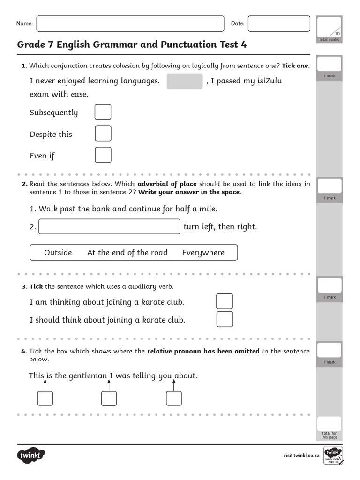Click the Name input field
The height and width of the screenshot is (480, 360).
click(130, 23)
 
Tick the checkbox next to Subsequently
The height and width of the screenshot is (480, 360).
click(103, 112)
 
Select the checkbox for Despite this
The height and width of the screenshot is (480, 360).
click(103, 134)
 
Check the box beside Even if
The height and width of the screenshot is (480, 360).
click(103, 155)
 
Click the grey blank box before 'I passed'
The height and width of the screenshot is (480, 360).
click(185, 81)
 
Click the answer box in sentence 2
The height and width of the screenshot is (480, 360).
click(110, 226)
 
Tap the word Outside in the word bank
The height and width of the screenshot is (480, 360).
click(58, 253)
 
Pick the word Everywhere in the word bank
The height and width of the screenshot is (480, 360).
click(203, 253)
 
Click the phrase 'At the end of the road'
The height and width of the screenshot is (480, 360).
click(127, 253)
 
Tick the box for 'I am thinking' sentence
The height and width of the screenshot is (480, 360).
click(225, 301)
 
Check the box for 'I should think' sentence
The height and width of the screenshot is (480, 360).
click(225, 319)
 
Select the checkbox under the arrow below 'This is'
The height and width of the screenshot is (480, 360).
click(45, 398)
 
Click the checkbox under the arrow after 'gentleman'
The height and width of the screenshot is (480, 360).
click(109, 398)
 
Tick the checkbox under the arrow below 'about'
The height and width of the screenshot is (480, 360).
click(173, 398)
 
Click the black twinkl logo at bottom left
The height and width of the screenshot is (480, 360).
click(31, 455)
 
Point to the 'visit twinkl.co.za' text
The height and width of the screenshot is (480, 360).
click(301, 455)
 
